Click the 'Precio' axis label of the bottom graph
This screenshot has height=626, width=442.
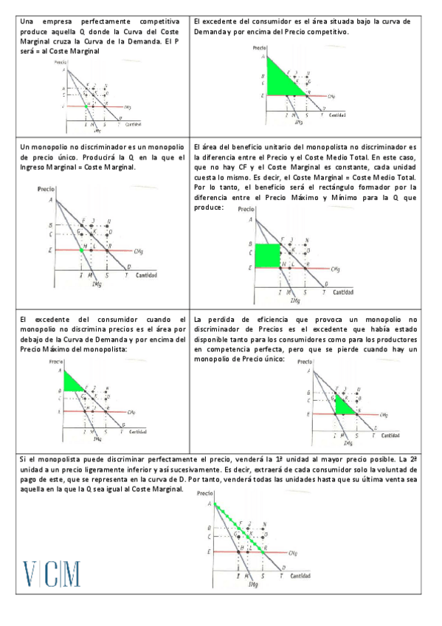tap(207, 492)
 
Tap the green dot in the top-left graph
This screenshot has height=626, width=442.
tap(86, 106)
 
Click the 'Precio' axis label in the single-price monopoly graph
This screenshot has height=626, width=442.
tap(48, 189)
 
